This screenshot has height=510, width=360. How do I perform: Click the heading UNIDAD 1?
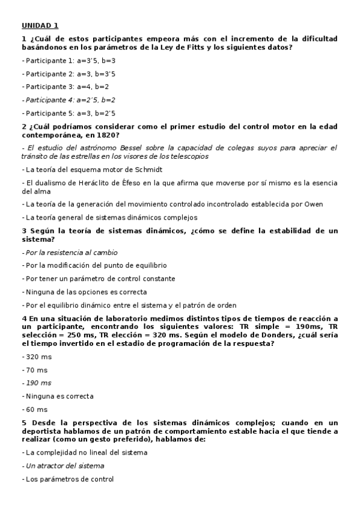40,25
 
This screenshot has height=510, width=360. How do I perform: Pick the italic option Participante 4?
70,100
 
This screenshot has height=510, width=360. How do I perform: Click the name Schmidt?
149,170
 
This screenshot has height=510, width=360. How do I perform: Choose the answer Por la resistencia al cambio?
71,253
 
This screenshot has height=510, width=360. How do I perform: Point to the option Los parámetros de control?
69,479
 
